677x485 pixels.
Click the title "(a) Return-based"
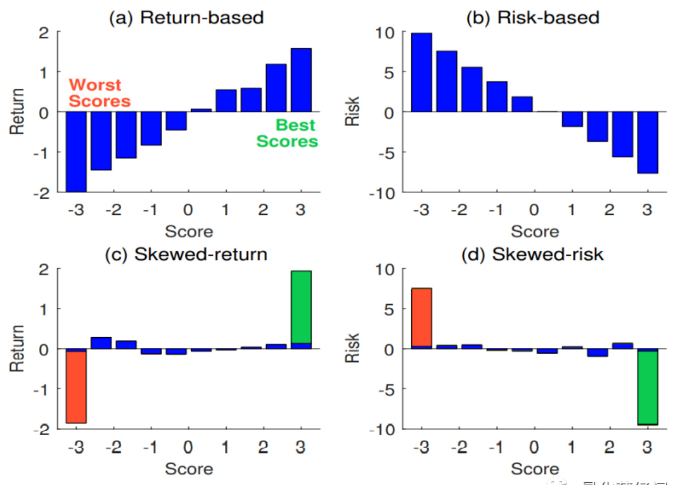(186, 18)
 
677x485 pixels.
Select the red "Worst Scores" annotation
(100, 93)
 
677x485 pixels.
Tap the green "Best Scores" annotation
(287, 133)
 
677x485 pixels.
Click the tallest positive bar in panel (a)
(301, 80)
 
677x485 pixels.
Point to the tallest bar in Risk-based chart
(421, 72)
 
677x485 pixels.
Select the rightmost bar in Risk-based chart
(647, 142)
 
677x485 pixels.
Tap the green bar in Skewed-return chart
(301, 307)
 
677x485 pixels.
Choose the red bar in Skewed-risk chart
(421, 318)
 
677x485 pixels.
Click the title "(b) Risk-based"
(532, 18)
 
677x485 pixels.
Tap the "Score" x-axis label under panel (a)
(188, 232)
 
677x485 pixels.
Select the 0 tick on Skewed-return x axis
(188, 448)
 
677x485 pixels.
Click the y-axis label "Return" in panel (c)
(18, 349)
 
